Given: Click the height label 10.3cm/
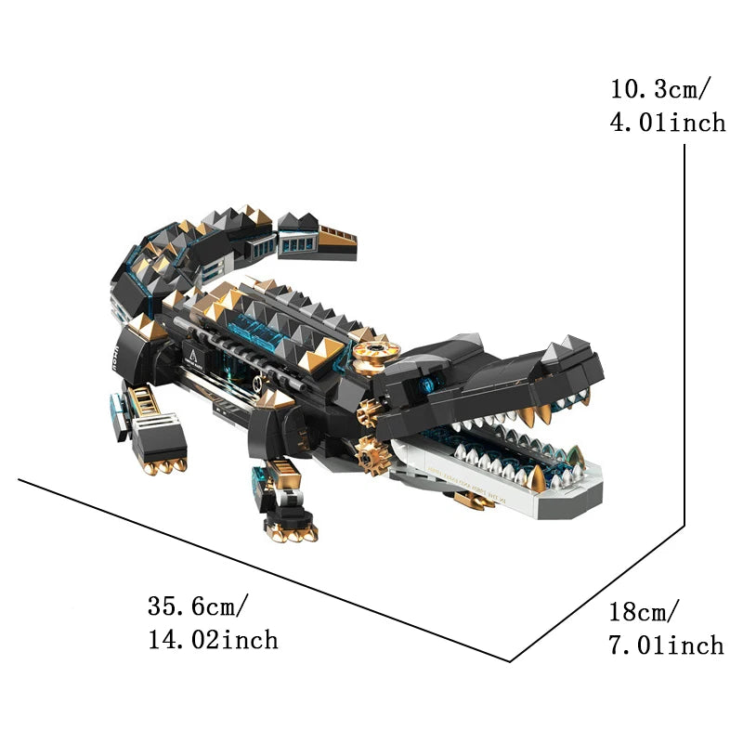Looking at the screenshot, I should (x=661, y=89).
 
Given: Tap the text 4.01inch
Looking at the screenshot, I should (x=668, y=123).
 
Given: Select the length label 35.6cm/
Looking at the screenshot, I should (x=198, y=606).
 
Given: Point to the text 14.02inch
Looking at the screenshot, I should (x=212, y=640).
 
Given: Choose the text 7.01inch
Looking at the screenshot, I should (x=666, y=645).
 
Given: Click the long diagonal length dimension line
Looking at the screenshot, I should (x=260, y=568).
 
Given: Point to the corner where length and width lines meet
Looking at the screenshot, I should (x=510, y=661).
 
